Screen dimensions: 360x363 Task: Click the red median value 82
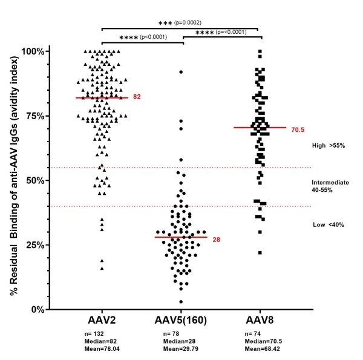137,97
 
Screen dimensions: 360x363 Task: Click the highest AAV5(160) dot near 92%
181,72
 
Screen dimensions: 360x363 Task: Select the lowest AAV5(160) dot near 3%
181,301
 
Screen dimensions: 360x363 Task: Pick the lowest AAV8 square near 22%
260,253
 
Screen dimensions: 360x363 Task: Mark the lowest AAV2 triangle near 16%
102,268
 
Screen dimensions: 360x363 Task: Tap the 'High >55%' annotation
328,146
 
